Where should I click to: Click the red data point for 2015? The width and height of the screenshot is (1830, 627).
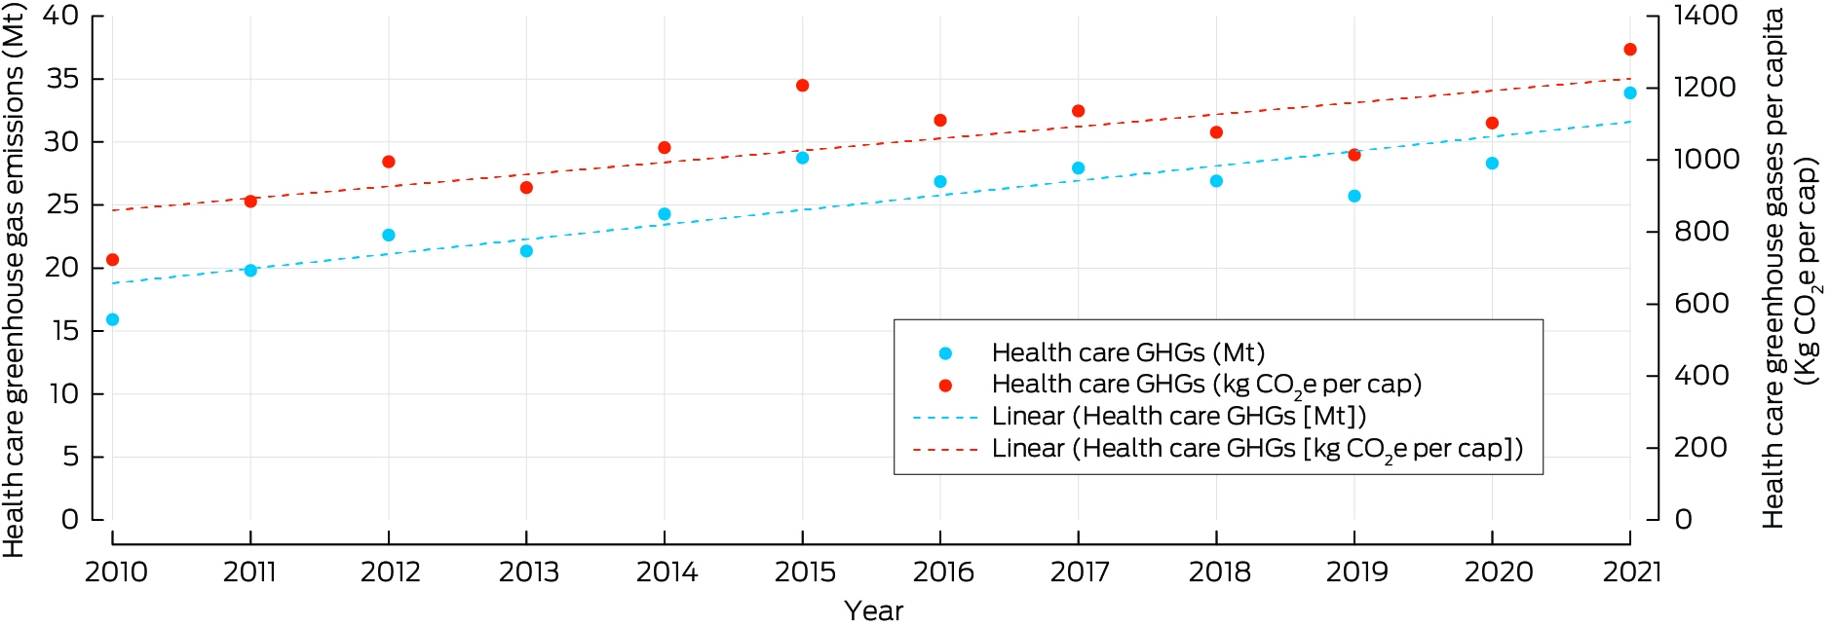coord(802,86)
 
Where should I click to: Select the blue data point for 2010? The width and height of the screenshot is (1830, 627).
coord(112,319)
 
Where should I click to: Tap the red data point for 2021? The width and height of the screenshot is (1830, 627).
coord(1630,50)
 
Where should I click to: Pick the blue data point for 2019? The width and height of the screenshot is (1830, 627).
coord(1353,196)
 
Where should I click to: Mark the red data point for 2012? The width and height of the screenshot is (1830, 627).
coord(389,162)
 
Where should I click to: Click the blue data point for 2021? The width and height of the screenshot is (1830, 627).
coord(1630,92)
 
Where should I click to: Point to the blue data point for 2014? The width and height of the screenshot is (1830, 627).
coord(665,214)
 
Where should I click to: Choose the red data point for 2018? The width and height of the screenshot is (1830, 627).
coord(1216,132)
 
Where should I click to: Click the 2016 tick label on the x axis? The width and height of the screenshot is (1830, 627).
coord(943,572)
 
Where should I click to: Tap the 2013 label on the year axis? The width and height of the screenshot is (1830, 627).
coord(529,572)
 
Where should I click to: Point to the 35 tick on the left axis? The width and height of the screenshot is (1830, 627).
coord(62,78)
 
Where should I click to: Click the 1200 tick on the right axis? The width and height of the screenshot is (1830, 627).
coord(1705,88)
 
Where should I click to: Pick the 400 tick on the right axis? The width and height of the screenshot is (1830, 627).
coord(1701,376)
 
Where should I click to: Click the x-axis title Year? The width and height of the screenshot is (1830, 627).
coord(874,610)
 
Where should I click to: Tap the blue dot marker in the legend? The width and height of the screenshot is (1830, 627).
coord(945,353)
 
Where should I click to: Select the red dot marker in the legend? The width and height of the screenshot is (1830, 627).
coord(945,386)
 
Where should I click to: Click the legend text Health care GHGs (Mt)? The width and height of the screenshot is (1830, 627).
coord(1128,352)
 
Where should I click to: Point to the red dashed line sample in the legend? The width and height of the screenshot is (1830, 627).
coord(945,450)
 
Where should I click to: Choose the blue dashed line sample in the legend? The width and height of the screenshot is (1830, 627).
coord(945,418)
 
